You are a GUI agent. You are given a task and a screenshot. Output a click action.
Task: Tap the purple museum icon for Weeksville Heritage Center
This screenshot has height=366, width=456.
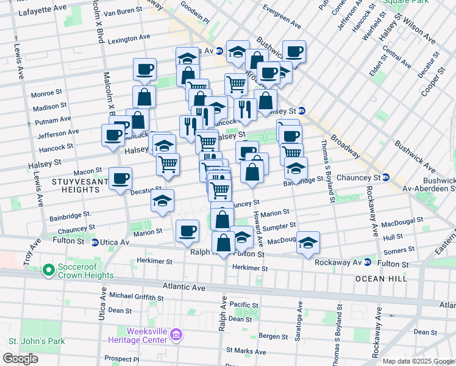coord(177,334)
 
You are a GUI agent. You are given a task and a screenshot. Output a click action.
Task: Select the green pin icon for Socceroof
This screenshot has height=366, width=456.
coord(48,269)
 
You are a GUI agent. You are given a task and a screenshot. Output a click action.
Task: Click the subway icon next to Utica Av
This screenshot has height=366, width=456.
coord(95,242)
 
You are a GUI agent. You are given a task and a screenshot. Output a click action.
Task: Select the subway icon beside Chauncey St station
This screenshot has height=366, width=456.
coord(385,178)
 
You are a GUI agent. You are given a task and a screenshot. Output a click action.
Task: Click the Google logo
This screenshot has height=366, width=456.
coord(20,359)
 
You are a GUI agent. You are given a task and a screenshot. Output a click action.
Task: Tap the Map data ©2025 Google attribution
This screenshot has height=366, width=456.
coord(418,361)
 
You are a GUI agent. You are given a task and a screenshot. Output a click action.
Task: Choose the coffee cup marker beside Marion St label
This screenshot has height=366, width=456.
coord(187,231)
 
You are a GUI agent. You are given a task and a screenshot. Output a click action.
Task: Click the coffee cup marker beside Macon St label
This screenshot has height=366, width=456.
coord(120,178)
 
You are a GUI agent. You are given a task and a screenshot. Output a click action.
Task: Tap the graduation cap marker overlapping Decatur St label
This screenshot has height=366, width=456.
coord(162,201)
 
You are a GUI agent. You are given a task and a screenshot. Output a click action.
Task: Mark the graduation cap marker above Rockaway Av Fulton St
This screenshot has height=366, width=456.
coord(308,243)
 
